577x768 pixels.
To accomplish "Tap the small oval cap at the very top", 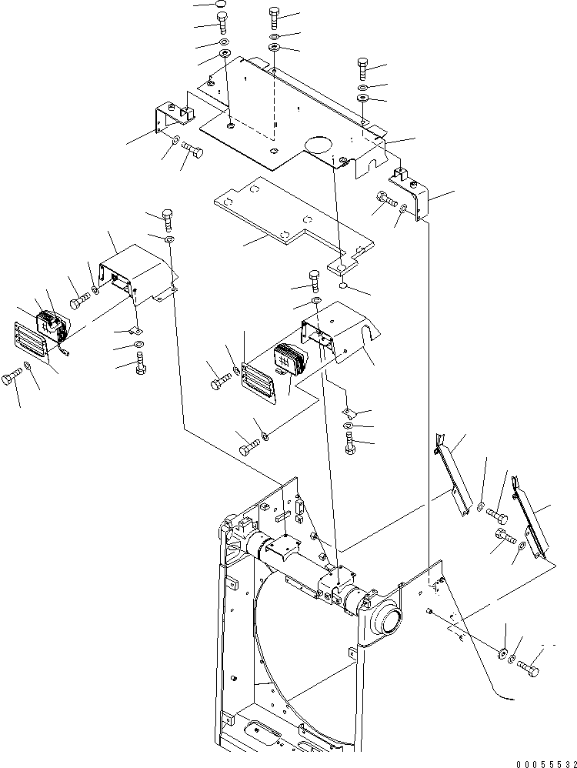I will (220, 6).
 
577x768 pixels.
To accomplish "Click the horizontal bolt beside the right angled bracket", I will (385, 202).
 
